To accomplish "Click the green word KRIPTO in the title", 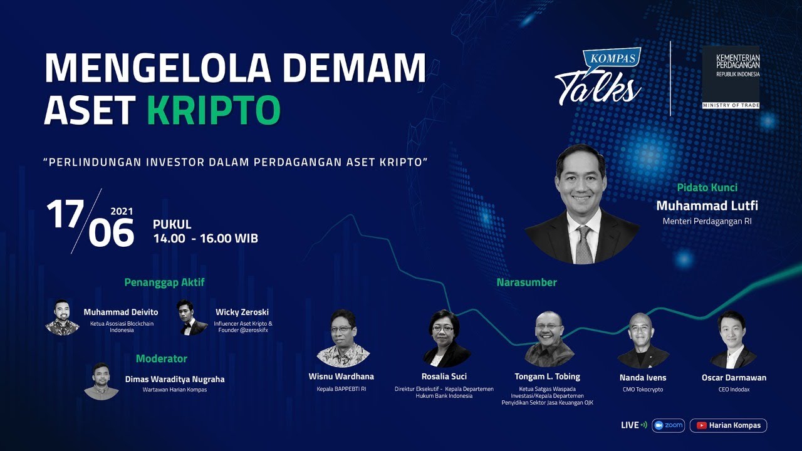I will [214, 110].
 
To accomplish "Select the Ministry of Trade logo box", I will [730, 77].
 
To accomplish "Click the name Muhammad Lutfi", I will [707, 206].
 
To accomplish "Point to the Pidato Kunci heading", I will [707, 187].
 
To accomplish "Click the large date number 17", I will [65, 215].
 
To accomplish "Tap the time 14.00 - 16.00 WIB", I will [206, 239].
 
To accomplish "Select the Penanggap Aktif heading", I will [164, 282].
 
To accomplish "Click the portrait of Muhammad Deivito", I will [62, 317].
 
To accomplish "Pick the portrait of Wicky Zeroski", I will [192, 317].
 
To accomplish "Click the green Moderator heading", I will [162, 359].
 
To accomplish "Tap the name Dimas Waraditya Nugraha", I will [175, 379].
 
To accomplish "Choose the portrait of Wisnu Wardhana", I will [342, 338].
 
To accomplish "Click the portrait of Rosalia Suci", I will [446, 338].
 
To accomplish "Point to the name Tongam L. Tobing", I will [548, 376].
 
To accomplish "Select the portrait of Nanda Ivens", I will [643, 340].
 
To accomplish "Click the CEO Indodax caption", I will [734, 390].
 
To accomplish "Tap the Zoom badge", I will [668, 425].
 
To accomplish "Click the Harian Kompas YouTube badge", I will [728, 425].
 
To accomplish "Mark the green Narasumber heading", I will [526, 283].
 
